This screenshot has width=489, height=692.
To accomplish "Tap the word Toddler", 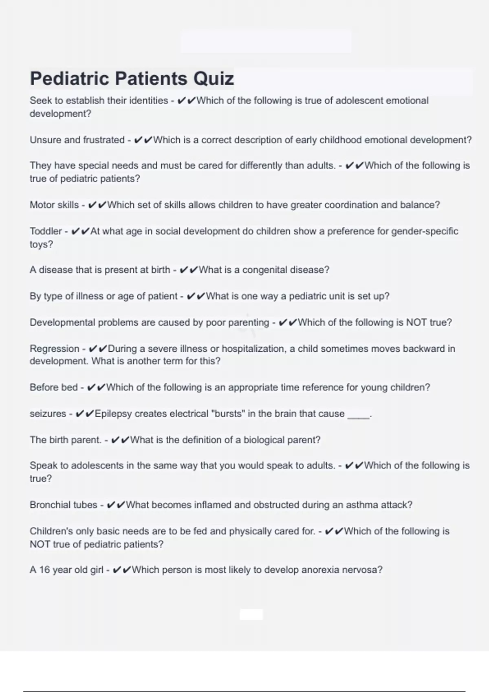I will point(46,231).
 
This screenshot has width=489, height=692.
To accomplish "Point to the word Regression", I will point(55,349).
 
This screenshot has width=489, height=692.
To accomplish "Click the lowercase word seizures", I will point(48,414).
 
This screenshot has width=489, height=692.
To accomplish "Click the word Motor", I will point(42,205).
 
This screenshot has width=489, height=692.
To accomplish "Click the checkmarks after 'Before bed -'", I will point(96,388).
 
